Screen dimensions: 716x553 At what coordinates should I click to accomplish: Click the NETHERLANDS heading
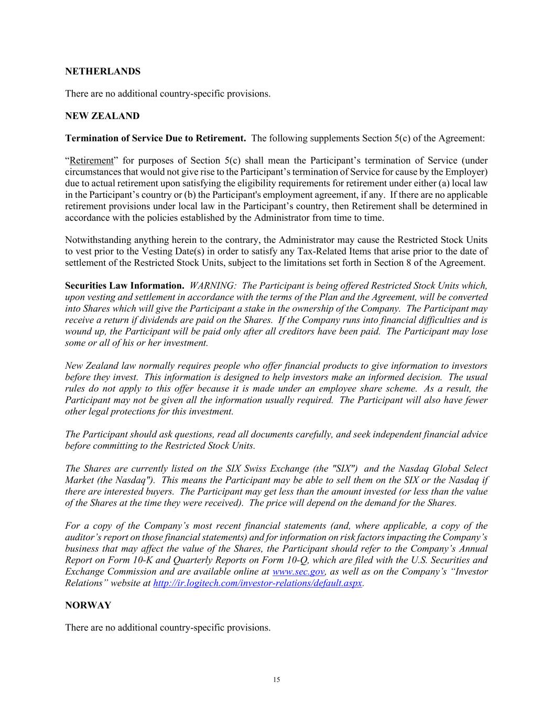tap(103, 71)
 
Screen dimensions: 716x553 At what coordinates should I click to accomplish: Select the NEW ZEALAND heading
tap(102, 116)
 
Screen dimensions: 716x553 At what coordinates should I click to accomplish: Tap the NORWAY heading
tap(88, 605)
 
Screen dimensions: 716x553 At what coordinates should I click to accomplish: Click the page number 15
tap(276, 680)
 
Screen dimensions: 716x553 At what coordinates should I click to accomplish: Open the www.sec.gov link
tap(298, 572)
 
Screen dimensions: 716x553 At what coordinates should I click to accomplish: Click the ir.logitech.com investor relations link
tap(257, 583)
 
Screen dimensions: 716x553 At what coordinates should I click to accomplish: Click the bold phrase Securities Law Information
tap(125, 286)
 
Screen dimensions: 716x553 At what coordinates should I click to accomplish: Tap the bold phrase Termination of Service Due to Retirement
tap(156, 138)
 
